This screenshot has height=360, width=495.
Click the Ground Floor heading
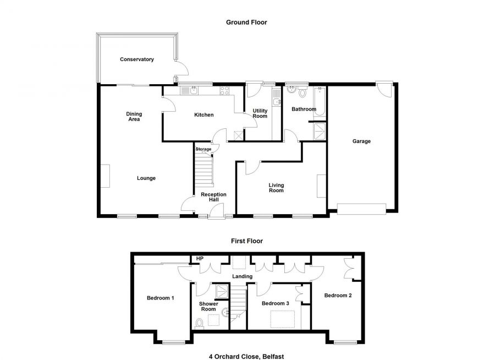point(246,22)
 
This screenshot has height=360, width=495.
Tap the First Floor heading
point(246,241)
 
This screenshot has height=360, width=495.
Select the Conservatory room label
point(137,59)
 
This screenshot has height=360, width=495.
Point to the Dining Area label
point(134,117)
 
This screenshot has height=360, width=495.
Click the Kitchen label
point(204,115)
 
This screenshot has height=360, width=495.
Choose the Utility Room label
point(260,113)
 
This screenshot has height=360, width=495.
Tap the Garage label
point(361,141)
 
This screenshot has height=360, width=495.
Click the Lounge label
point(146,178)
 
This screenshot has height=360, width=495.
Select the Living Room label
point(276,188)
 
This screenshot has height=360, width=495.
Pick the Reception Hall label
point(213,197)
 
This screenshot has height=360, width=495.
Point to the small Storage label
point(204,149)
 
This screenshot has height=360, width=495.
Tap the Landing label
point(242,276)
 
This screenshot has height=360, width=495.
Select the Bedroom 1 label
point(161,298)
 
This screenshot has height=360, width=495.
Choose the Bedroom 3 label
point(275,303)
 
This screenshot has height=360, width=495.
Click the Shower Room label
point(208,306)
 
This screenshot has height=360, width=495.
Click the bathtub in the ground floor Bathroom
point(320,102)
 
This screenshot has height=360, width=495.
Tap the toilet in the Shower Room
point(199,322)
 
